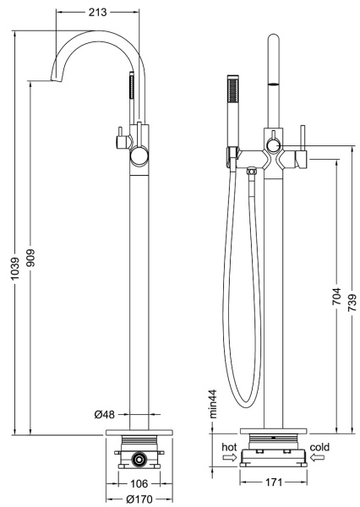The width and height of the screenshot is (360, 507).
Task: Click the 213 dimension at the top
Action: (x=97, y=13)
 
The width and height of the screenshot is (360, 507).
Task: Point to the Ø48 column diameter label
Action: (x=105, y=414)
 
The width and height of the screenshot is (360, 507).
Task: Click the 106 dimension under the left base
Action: (x=139, y=483)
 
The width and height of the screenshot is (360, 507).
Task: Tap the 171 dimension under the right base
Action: (x=274, y=482)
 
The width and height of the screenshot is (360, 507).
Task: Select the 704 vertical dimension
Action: (x=337, y=297)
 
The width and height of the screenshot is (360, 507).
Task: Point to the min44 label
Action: (x=213, y=404)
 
